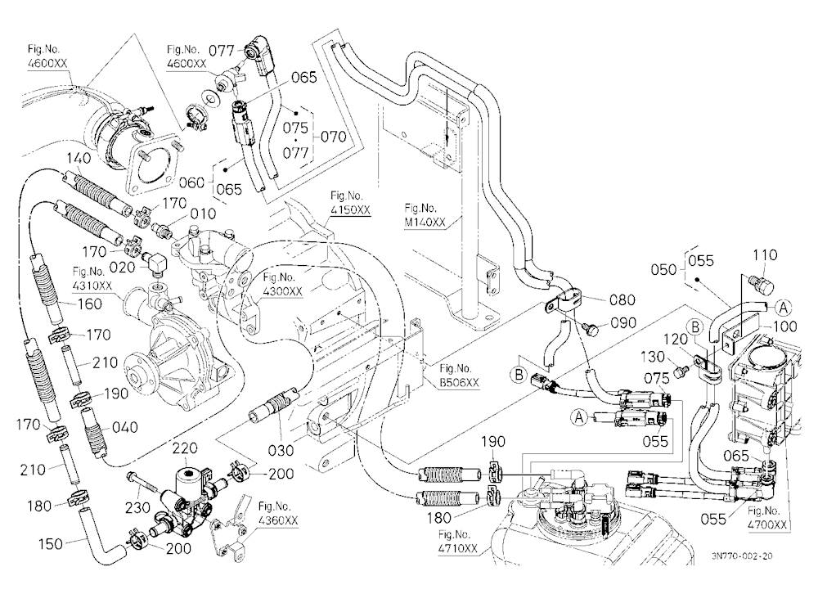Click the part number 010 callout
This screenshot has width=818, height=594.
[x=202, y=214]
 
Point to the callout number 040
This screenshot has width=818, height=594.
[x=124, y=427]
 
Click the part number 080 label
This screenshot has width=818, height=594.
[x=622, y=300]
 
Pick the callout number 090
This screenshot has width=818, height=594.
[x=623, y=323]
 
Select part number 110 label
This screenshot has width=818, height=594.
[x=766, y=255]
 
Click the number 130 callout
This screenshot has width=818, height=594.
[x=652, y=357]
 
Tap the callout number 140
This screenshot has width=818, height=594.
[x=79, y=158]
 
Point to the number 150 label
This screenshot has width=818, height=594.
[x=51, y=544]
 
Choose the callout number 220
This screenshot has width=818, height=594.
[x=185, y=448]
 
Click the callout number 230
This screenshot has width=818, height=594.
[x=137, y=507]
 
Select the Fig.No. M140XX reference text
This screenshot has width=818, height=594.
[x=425, y=215]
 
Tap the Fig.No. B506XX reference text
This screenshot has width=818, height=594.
[x=459, y=376]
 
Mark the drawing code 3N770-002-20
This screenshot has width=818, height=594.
[x=741, y=556]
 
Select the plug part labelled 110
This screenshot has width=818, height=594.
[x=761, y=285]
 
